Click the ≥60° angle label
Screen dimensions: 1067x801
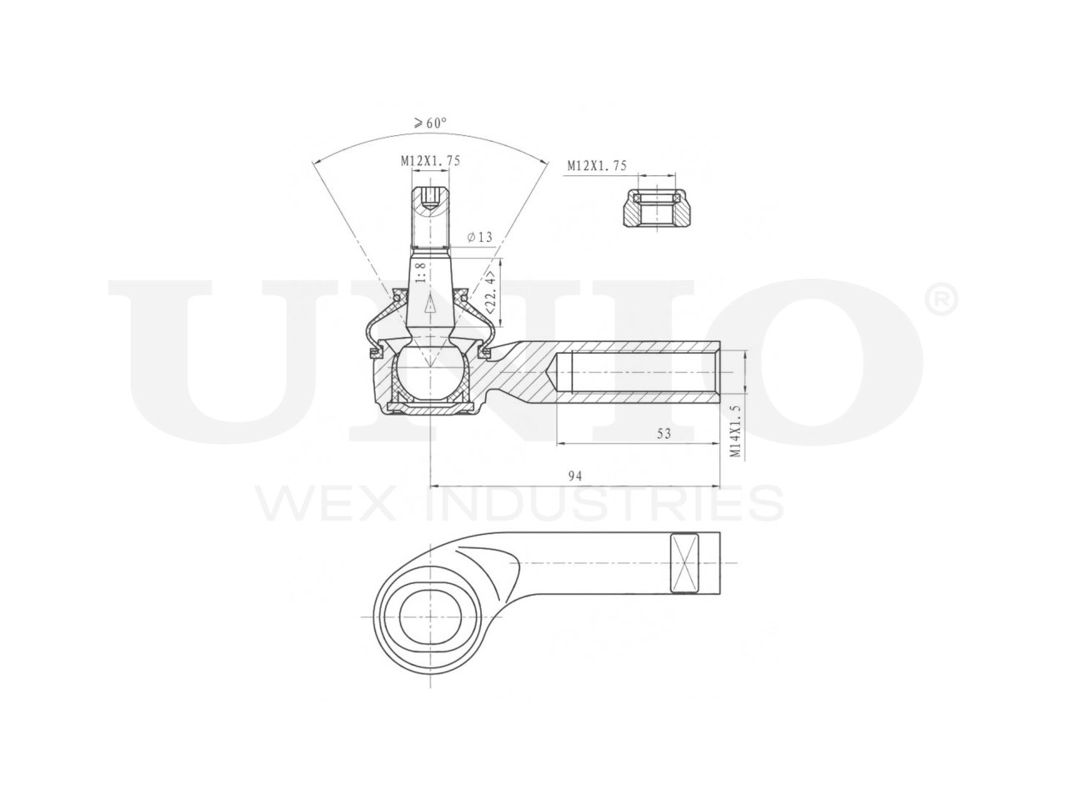click(x=429, y=123)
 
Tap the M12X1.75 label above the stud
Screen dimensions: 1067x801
click(x=429, y=161)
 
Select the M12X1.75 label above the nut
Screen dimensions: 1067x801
click(x=596, y=166)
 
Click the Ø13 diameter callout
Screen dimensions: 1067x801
click(x=480, y=237)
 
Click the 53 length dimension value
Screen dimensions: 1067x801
click(x=664, y=434)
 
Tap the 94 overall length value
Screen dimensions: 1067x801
click(x=574, y=476)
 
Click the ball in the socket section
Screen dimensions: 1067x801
click(x=429, y=372)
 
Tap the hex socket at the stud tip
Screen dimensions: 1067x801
click(x=431, y=199)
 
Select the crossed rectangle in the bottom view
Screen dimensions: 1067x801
click(x=686, y=563)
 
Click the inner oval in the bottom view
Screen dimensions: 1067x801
click(x=430, y=618)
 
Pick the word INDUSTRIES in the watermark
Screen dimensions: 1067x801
click(x=604, y=505)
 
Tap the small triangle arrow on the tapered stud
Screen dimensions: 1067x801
click(x=430, y=306)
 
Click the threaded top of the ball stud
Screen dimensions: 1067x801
click(x=430, y=219)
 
